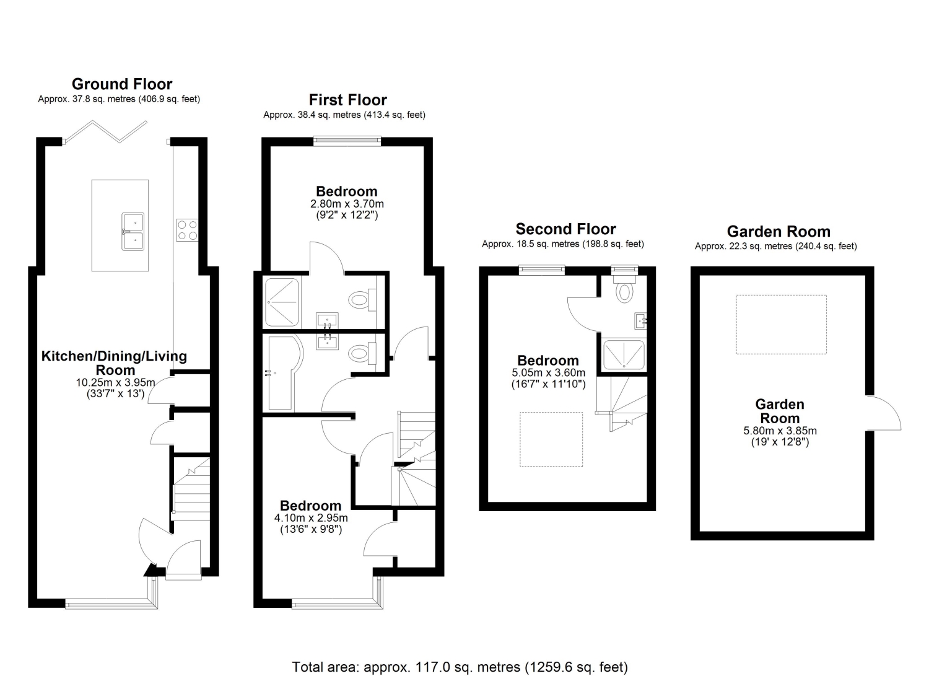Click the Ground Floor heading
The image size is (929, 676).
pos(122,84)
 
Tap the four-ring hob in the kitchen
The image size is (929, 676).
pos(187,230)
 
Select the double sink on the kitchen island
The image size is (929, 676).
pos(133,232)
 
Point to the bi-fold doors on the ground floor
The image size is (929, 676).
pos(105,132)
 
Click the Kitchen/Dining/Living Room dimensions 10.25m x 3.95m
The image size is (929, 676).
pos(115,382)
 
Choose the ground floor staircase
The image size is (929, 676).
pos(191,489)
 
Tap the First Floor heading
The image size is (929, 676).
pos(348,100)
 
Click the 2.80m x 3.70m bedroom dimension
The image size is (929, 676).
pos(347,204)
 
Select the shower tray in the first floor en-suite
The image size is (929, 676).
pos(282,302)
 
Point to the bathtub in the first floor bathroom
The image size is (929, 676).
pos(282,372)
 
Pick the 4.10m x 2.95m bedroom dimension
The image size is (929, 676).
pos(311,518)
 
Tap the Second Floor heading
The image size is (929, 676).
pos(565,229)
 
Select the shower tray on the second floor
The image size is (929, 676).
pos(624,355)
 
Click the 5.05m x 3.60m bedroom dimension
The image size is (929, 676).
pos(548,372)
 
